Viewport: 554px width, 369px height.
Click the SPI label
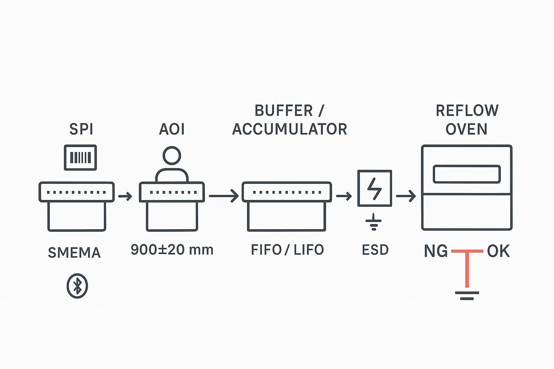tap(81, 129)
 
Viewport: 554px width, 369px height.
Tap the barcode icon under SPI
tap(80, 157)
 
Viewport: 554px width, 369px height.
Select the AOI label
tap(172, 129)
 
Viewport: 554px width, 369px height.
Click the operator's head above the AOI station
tap(172, 155)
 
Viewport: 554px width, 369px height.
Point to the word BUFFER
tap(283, 111)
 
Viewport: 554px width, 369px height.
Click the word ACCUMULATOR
tap(289, 129)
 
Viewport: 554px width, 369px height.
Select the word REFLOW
tap(467, 111)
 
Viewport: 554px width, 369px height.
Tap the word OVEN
tap(466, 129)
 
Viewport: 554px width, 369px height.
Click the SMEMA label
tap(74, 253)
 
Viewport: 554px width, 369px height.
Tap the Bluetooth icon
tap(77, 286)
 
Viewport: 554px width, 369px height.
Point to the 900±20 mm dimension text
tap(172, 250)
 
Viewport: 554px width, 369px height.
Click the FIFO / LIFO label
tap(287, 250)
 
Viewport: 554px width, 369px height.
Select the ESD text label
tap(375, 250)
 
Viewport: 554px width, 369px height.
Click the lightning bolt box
tap(374, 188)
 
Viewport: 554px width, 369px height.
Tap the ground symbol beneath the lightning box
tap(374, 223)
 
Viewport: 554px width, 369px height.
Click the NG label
tap(436, 251)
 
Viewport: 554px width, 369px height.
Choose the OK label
tap(498, 251)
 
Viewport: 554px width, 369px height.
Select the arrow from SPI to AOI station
tap(125, 196)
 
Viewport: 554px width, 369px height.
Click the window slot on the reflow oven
tap(467, 174)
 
